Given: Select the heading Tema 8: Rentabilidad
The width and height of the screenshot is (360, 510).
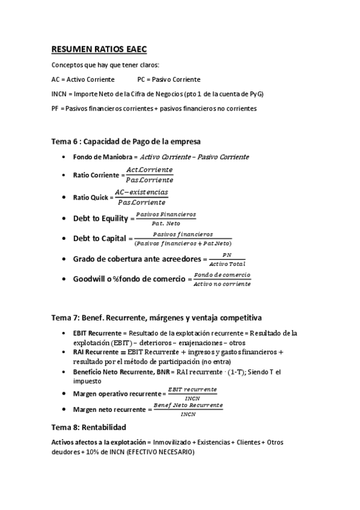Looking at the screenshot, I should coord(89,428).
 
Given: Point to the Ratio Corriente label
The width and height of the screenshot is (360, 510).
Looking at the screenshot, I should coord(96,175).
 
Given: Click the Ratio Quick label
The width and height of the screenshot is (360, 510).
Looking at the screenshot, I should coord(91,197).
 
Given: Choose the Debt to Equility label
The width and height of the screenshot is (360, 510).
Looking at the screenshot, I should coord(100,219).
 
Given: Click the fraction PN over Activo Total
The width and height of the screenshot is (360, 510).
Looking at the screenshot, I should coord(227,259).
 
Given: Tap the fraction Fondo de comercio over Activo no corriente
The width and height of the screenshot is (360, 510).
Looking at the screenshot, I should coord(222,279).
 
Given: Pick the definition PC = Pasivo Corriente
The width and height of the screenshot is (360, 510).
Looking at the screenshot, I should coord(169,79).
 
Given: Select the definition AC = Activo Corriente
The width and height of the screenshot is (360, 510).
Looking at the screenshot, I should coord(81,79).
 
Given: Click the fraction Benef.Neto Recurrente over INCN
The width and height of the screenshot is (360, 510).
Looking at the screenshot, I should coord(188,410).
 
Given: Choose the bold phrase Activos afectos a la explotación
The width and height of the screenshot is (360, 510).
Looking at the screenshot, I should coord(99,443).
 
